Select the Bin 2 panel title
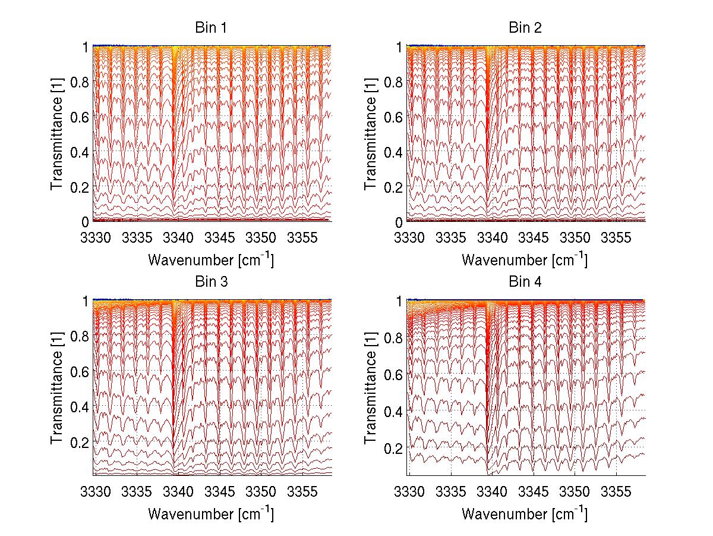point(525,27)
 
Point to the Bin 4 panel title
point(525,282)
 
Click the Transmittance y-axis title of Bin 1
point(57,133)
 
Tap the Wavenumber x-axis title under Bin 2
point(525,260)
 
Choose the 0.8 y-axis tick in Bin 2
point(393,82)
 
